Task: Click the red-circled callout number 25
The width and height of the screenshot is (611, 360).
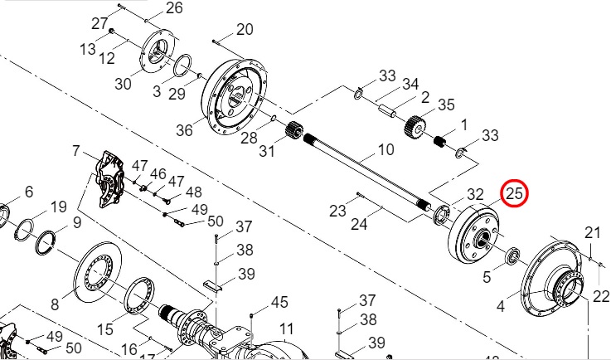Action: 514,193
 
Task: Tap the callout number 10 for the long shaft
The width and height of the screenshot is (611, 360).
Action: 386,149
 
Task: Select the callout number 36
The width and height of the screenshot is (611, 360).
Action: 184,130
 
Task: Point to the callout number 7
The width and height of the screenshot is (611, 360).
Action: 75,150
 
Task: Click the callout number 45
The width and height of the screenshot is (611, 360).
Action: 279,302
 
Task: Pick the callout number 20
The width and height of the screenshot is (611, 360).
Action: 245,29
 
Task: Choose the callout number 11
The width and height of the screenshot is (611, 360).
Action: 286,329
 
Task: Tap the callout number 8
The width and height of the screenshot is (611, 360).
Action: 55,304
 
